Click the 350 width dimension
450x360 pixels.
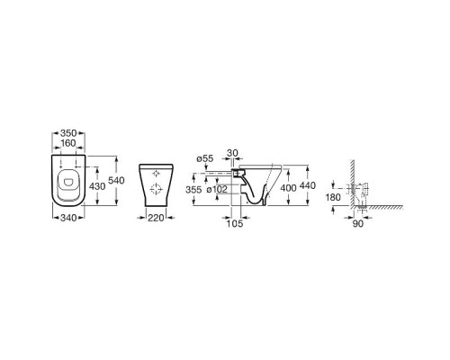(68, 133)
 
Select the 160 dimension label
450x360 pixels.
(68, 143)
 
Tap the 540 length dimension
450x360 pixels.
(116, 181)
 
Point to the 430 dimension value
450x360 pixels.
(97, 186)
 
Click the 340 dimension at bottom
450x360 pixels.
(68, 218)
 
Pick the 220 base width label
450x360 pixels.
(156, 218)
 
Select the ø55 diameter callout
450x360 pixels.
(205, 158)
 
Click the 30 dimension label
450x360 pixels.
(232, 153)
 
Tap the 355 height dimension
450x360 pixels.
(193, 190)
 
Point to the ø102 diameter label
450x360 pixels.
(217, 190)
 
